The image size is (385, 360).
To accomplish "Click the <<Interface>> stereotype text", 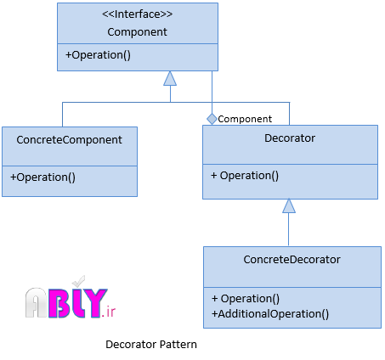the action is click(137, 14).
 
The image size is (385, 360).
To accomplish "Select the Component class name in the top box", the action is click(137, 32).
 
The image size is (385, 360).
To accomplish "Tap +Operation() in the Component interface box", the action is click(98, 55).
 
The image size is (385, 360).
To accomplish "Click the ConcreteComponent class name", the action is click(69, 140).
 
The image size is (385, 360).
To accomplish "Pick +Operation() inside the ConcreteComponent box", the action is click(42, 177).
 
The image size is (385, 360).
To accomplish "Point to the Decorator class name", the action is click(290, 138).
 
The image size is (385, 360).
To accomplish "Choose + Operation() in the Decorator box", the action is click(245, 176).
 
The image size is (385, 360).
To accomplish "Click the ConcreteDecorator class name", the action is click(292, 260).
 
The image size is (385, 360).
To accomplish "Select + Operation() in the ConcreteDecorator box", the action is click(246, 299).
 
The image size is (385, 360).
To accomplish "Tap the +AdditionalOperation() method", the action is click(270, 314).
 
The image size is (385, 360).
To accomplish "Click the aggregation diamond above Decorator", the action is click(212, 119).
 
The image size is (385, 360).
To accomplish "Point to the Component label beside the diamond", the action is click(245, 119).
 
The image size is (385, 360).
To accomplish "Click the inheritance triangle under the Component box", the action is click(170, 78).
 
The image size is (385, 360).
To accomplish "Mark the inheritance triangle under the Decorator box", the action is click(289, 205).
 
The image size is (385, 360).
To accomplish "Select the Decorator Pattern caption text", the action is click(151, 345).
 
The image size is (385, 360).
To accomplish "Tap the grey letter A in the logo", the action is click(36, 302).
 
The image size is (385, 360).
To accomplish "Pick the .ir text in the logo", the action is click(109, 312).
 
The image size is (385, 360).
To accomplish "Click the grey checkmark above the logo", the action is click(78, 281).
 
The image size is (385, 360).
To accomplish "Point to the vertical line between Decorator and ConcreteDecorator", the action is click(289, 229).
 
